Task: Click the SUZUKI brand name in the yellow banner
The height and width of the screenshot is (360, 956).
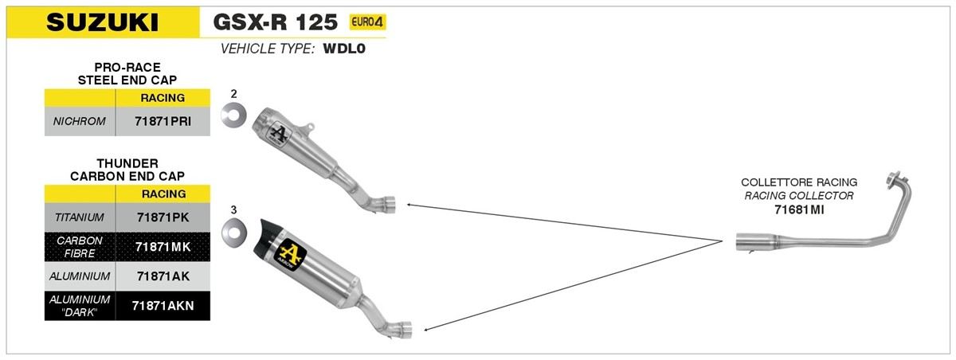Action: pos(103,22)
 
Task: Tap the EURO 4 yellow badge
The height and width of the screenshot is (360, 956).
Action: pos(367,22)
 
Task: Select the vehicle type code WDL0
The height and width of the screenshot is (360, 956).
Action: pos(344,49)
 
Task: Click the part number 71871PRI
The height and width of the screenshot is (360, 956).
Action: pos(163,122)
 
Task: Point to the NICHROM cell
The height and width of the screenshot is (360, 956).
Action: pos(80,122)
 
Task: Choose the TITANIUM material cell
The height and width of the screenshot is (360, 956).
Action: pos(80,217)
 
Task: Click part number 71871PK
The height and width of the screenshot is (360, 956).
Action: pos(163,217)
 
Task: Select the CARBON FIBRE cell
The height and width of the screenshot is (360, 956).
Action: pos(80,247)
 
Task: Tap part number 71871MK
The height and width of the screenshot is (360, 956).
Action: pos(163,247)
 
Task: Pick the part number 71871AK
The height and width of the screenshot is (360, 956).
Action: pos(163,276)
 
